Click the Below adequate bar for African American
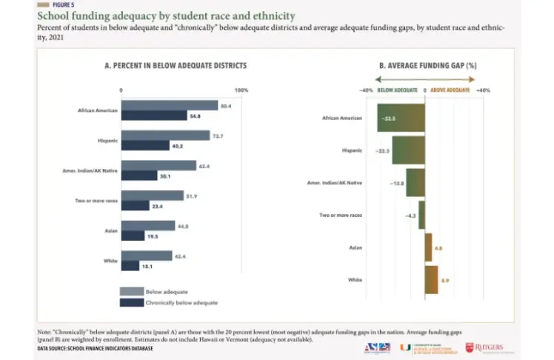(170, 106)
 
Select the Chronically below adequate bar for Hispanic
(146, 146)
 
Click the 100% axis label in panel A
(241, 90)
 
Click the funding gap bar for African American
(401, 118)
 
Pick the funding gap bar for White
(431, 279)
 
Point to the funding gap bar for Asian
(428, 247)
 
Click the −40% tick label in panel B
(366, 90)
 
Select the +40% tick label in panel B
(482, 90)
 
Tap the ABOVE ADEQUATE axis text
(450, 90)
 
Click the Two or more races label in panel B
(341, 215)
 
